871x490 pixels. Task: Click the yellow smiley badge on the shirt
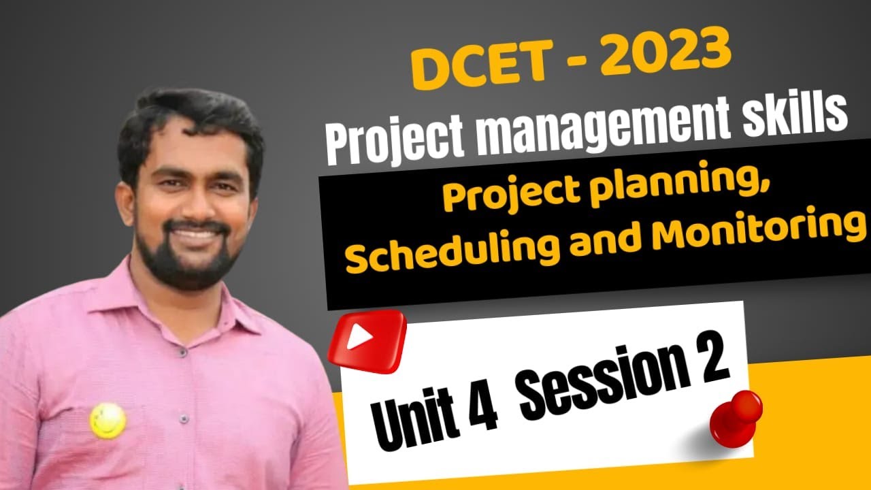108,420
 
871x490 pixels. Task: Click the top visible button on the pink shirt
183,353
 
